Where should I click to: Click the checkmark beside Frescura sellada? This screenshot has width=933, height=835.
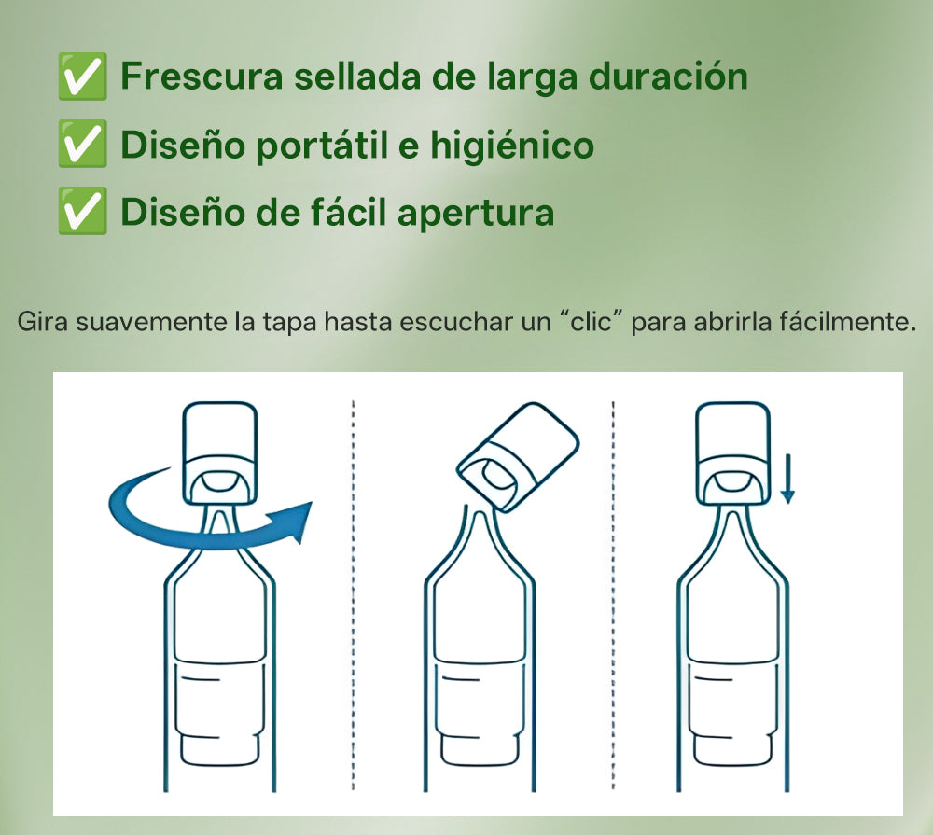pos(81,77)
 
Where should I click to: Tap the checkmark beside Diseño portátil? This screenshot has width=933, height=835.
pos(81,145)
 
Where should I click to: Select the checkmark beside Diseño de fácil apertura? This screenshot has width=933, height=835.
pos(81,213)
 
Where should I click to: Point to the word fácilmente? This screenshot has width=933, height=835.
pos(845,325)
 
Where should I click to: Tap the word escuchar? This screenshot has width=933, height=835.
pos(452,325)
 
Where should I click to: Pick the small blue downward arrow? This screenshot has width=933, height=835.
pos(787,478)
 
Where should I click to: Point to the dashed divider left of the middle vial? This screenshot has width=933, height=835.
pos(354,597)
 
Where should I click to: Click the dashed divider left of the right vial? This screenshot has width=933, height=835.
pos(613,597)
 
